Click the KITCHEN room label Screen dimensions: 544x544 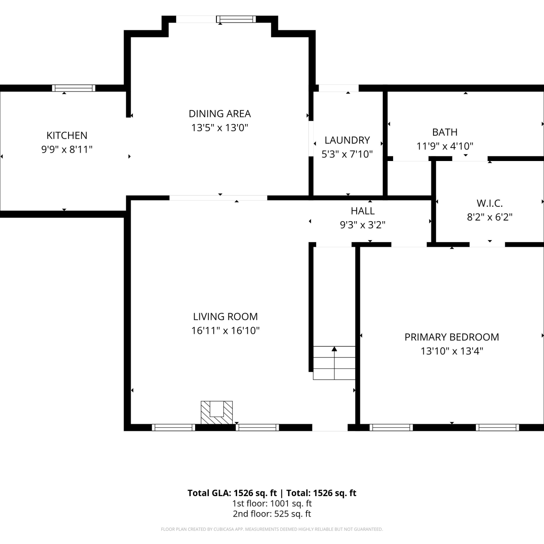(x=67, y=135)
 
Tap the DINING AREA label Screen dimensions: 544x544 (x=220, y=114)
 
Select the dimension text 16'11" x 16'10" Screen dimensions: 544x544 (x=226, y=330)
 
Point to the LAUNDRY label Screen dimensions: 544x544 (x=347, y=140)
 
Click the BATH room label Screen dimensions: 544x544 (x=445, y=132)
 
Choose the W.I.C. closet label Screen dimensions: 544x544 (x=490, y=203)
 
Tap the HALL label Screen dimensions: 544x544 (x=363, y=211)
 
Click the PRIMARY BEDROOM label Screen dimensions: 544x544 (x=452, y=337)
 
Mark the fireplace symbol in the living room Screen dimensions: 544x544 (x=217, y=412)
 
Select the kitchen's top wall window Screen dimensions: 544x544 (x=74, y=88)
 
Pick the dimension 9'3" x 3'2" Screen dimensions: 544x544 (x=362, y=225)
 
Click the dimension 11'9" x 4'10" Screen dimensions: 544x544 (x=445, y=146)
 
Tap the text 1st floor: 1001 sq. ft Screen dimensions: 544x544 (x=272, y=503)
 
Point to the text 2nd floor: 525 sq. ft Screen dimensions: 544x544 (x=272, y=514)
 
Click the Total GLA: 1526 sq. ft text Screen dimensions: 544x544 (x=232, y=493)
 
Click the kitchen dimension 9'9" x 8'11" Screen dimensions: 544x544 (x=67, y=149)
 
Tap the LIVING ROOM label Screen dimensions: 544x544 (x=226, y=317)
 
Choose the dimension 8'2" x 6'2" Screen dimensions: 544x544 (x=490, y=217)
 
